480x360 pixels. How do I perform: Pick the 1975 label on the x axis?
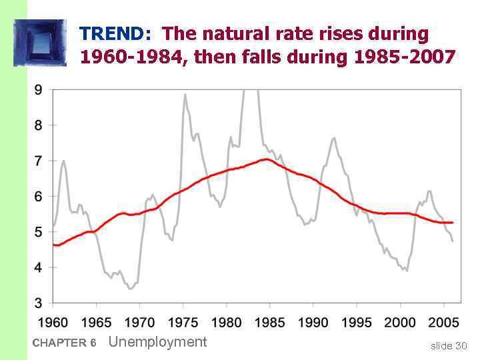(183, 323)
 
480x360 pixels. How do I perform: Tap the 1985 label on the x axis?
(269, 323)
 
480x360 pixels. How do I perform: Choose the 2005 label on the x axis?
(443, 323)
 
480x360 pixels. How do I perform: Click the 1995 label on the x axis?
(356, 323)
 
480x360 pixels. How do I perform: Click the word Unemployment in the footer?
(157, 342)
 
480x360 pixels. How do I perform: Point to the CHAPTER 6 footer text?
(64, 343)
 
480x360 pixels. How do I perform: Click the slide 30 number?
(449, 345)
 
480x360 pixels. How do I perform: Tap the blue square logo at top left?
(41, 43)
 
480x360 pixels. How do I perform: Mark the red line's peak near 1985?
(267, 159)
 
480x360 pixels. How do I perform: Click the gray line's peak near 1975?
(185, 95)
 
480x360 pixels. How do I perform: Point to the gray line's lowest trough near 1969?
(131, 289)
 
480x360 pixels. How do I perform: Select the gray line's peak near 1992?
(334, 138)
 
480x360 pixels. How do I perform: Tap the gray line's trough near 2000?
(407, 270)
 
